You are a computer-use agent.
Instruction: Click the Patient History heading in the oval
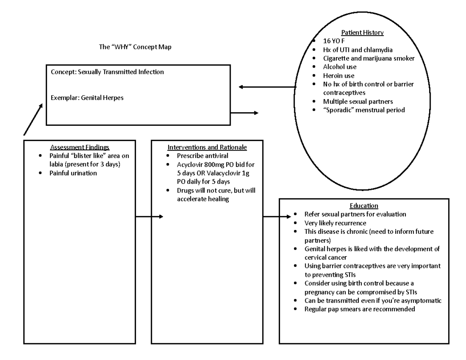click(x=362, y=33)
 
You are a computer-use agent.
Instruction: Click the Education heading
click(x=364, y=206)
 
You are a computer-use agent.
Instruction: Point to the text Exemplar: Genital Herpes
click(x=87, y=98)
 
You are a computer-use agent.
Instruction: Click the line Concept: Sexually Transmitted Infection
click(x=107, y=72)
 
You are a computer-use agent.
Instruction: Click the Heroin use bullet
click(x=339, y=75)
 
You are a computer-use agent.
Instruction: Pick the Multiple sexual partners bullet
click(x=358, y=101)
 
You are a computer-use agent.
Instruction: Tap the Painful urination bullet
click(x=73, y=173)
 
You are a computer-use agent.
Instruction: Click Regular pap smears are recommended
click(x=360, y=309)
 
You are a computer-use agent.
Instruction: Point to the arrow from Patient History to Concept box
click(x=268, y=87)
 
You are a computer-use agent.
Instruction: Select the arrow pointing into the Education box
click(x=277, y=217)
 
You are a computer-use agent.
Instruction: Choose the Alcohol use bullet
click(x=340, y=67)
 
